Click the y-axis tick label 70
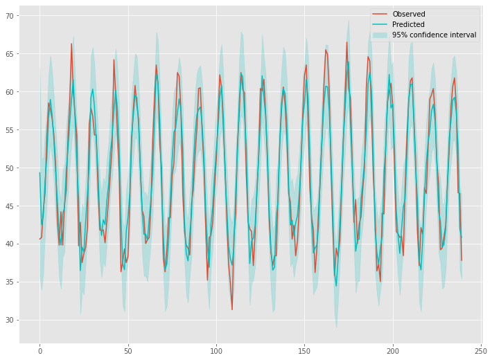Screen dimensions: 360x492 (11, 16)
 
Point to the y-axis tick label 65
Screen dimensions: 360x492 (11, 54)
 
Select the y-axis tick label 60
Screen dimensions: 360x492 (11, 92)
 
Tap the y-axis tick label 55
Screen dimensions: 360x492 (11, 130)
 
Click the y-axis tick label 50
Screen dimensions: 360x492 (11, 168)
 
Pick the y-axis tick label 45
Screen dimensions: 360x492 (11, 206)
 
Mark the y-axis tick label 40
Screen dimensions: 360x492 (11, 244)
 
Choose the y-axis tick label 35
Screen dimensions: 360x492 (11, 282)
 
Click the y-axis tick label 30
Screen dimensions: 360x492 (11, 321)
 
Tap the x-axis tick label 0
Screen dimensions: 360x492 (39, 351)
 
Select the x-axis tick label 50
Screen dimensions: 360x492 (128, 351)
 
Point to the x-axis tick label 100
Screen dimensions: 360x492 (216, 351)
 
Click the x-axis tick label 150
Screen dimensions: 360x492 (305, 351)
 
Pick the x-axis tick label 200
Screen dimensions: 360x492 (393, 351)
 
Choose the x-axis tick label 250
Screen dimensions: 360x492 (481, 351)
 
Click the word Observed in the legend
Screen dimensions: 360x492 (409, 14)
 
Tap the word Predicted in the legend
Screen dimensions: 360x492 (409, 24)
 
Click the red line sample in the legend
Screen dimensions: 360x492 (380, 14)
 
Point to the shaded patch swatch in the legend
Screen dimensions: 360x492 (380, 35)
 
